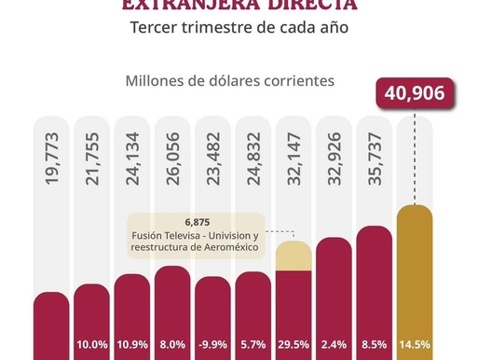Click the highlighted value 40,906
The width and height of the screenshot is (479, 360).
(x=415, y=94)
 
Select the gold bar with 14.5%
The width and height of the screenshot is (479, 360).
(x=415, y=280)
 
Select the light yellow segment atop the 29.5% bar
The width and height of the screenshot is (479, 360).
(x=294, y=256)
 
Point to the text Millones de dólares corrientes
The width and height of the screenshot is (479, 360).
(x=229, y=80)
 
